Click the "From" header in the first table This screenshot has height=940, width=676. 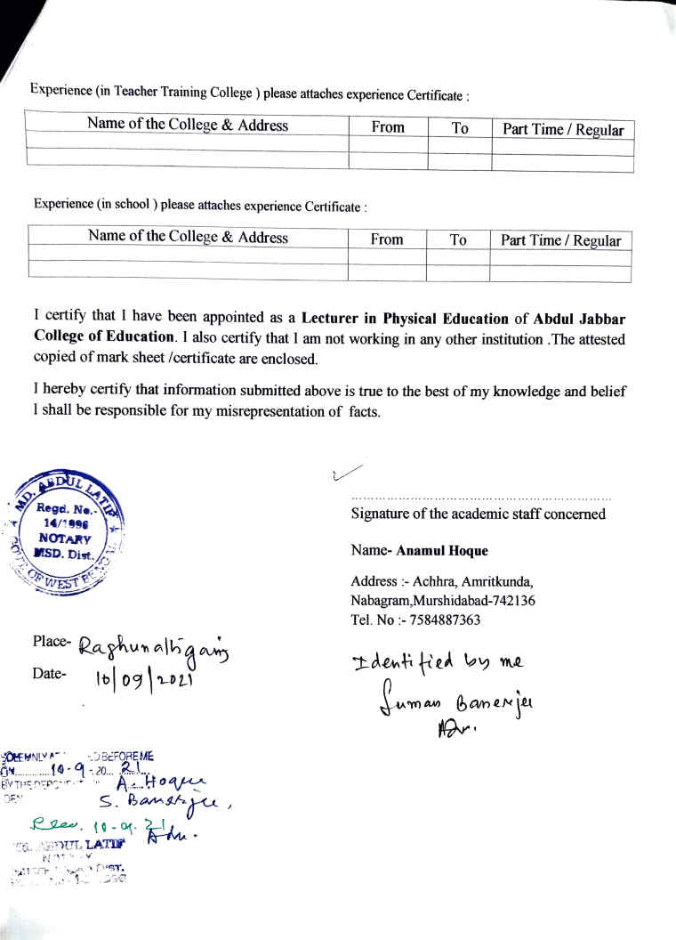point(388,127)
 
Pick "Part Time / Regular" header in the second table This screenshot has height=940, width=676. point(560,240)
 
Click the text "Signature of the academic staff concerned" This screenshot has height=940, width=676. point(478,514)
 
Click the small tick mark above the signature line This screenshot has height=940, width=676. point(346,473)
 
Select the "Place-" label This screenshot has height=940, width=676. point(50,641)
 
